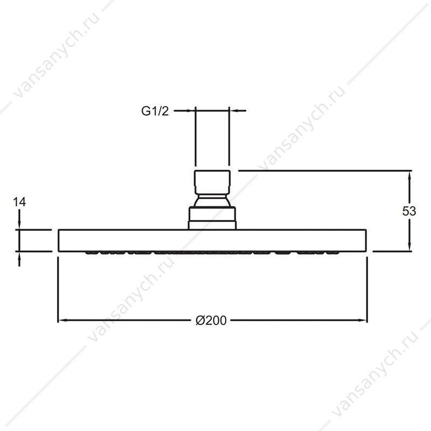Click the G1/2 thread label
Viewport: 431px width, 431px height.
click(x=155, y=111)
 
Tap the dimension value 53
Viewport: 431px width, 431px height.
click(x=409, y=211)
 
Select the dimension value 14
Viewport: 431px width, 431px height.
click(x=19, y=202)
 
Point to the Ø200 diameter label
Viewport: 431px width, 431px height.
click(x=211, y=321)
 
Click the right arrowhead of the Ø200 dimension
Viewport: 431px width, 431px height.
click(x=362, y=320)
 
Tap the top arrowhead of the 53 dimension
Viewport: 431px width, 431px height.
click(x=409, y=176)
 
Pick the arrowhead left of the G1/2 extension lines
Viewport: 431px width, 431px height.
click(x=190, y=111)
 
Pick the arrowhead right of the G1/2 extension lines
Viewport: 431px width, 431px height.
click(x=234, y=111)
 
